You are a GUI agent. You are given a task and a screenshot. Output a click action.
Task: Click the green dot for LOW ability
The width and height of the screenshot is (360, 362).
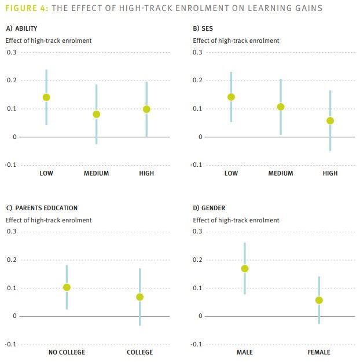tap(46, 97)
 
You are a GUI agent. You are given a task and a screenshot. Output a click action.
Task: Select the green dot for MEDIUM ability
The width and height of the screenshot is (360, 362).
tap(96, 114)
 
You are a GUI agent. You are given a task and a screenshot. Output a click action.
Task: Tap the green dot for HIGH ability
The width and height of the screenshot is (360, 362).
tap(146, 109)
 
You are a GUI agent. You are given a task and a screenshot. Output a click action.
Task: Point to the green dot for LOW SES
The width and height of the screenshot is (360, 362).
tap(231, 97)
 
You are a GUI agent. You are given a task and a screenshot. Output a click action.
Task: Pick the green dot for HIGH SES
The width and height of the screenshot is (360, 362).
tap(330, 120)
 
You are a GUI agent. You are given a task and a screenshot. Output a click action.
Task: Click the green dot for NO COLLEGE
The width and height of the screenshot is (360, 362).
tap(67, 287)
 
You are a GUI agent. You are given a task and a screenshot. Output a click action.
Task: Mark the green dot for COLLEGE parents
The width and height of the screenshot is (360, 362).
tap(139, 297)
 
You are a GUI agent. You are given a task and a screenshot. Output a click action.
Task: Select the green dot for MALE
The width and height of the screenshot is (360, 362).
tap(245, 269)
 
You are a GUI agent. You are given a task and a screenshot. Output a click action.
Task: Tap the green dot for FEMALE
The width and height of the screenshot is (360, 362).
tap(319, 300)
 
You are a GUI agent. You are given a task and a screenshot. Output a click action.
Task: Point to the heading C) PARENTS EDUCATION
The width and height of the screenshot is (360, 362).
tap(42, 208)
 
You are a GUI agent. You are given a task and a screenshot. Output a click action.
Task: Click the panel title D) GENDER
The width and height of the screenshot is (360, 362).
tap(209, 208)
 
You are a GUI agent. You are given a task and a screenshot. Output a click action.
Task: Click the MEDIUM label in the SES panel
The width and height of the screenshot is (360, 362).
tap(281, 173)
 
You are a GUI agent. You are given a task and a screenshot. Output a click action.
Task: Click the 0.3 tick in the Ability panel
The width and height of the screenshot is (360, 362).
tap(12, 53)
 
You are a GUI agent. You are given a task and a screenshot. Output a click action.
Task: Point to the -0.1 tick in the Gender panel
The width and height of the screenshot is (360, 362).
tap(199, 345)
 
